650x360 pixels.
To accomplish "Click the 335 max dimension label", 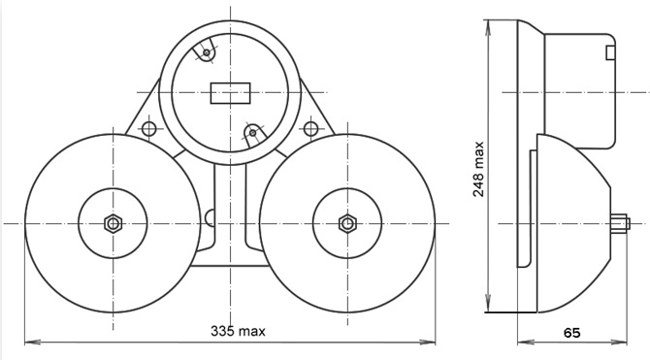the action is point(238,331).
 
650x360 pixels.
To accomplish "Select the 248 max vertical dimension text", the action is point(478,169).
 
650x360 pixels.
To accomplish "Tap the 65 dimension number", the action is point(572,333).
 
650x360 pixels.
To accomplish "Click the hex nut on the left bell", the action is point(113,223).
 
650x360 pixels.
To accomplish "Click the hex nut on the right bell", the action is point(347,223).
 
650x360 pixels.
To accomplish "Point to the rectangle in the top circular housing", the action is point(231,93).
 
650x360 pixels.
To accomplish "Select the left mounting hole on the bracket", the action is point(149,129).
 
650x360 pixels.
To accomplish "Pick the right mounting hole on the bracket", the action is point(310,128).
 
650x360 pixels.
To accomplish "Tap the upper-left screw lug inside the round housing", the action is point(206,51).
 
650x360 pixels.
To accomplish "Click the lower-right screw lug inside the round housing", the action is point(253,133).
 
